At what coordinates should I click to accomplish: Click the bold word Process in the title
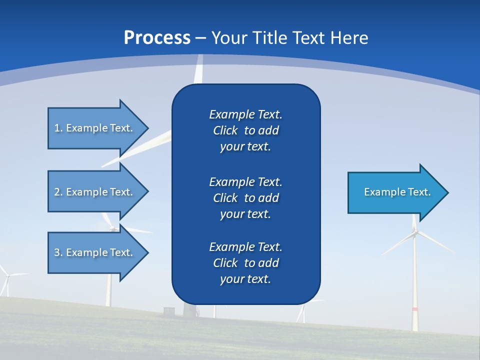coord(157,37)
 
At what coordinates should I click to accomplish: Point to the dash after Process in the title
coord(200,38)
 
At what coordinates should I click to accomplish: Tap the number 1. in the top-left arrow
coord(58,128)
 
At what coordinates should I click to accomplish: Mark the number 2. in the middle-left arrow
coord(58,192)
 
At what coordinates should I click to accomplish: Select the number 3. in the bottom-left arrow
coord(58,252)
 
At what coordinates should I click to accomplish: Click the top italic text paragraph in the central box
coord(245,130)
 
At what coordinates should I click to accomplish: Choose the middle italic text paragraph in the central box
coord(245,197)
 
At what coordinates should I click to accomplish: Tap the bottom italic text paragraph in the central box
coord(245,263)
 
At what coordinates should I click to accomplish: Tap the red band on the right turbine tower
coord(414,309)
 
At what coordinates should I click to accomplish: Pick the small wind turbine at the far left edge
coord(6,280)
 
